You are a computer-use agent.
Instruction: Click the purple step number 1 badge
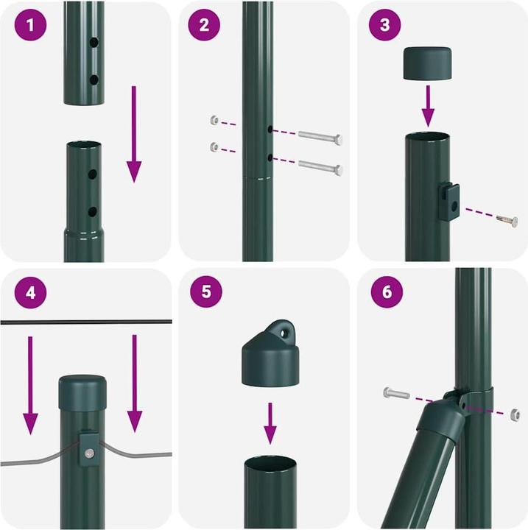tap(30, 25)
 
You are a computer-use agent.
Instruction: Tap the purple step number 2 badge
tap(204, 25)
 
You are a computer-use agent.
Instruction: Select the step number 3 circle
tap(384, 25)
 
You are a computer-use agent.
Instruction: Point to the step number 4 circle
tap(30, 292)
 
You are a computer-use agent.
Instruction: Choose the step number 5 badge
tap(206, 291)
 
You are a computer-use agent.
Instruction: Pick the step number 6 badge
tap(387, 291)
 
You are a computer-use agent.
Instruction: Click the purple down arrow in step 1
tap(134, 134)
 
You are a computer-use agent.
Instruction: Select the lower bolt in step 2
tap(320, 166)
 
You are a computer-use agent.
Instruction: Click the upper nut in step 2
tap(214, 120)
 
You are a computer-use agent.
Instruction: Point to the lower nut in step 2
tap(214, 146)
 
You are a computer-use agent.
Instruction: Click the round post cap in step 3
tap(428, 63)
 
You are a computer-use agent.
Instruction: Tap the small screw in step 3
tap(507, 220)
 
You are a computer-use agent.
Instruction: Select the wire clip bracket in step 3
tap(449, 202)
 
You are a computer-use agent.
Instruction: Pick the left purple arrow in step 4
tap(30, 385)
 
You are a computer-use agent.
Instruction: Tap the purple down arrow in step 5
tap(270, 423)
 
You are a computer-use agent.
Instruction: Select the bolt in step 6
tap(396, 393)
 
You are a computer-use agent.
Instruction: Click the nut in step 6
tap(515, 414)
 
